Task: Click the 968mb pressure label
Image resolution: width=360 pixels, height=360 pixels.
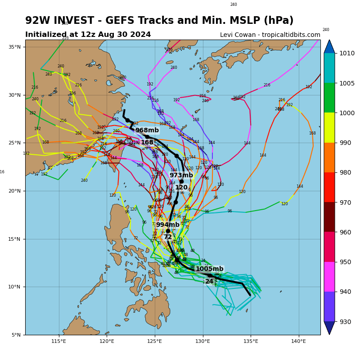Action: point(147,130)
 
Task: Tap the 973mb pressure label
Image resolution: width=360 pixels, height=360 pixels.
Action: point(181,175)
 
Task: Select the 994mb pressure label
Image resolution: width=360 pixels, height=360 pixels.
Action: point(168,225)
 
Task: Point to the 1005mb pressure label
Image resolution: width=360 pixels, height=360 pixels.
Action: point(209,269)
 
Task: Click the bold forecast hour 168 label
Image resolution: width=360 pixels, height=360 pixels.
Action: point(147,143)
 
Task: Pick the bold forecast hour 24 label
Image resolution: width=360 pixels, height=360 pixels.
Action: point(209,282)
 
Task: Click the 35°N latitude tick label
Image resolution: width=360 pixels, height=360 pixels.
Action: point(15,47)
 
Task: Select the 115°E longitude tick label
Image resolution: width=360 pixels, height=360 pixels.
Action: point(59,341)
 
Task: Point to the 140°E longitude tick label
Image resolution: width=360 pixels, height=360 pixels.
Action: point(298,341)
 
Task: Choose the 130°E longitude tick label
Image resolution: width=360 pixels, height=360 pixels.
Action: point(202,341)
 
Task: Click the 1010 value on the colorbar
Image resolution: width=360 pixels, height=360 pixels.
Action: point(346,53)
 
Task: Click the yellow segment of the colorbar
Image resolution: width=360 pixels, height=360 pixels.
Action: point(329,127)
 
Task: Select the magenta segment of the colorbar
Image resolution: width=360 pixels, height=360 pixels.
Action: point(329,276)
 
